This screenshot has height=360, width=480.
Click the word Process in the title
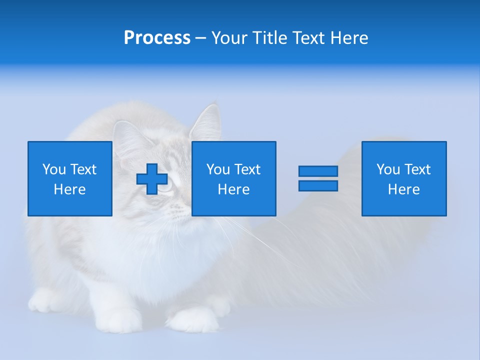point(157,38)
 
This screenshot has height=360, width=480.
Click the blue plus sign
point(152,178)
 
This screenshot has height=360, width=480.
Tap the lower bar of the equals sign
point(318,185)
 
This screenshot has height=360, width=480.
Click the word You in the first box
point(53,169)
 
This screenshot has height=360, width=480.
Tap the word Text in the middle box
point(248,169)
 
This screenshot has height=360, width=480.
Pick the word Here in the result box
point(404,189)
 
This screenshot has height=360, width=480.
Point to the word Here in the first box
point(70,189)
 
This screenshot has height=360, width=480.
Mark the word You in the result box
point(388,169)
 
